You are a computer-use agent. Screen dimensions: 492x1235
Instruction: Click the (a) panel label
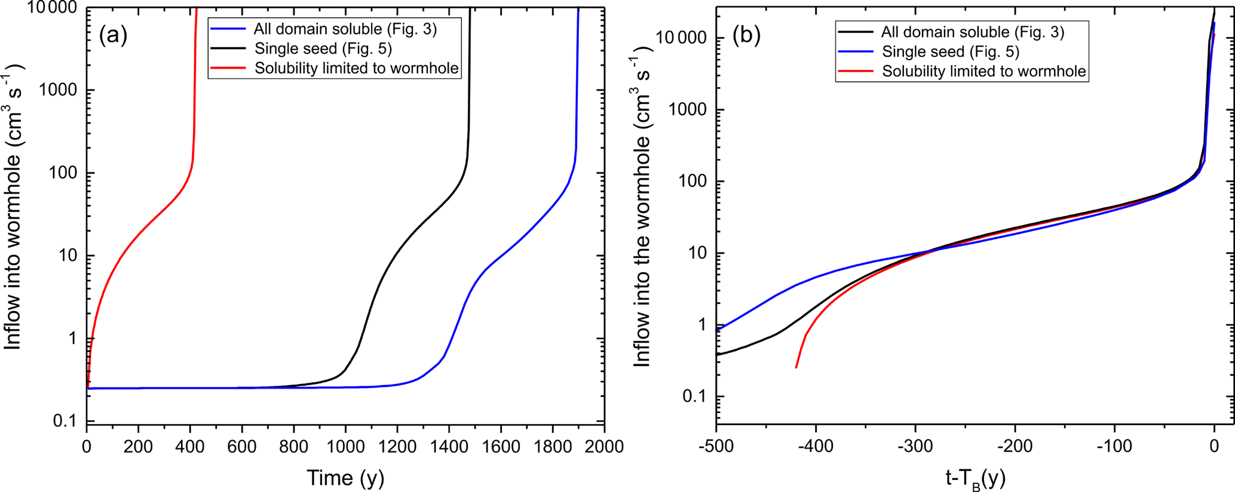coord(113,36)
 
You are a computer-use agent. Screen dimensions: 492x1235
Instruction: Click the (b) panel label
coord(746,36)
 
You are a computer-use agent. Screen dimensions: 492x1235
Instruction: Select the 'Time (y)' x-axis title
coord(345,478)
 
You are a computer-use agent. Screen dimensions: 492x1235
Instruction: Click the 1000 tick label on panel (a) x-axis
coord(345,447)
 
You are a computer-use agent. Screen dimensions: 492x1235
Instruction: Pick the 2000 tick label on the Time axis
coord(603,447)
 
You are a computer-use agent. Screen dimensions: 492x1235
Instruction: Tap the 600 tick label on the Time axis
coord(242,447)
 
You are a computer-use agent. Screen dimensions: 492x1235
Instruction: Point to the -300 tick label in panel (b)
coord(914,447)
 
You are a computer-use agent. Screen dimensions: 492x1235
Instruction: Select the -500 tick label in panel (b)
coord(715,447)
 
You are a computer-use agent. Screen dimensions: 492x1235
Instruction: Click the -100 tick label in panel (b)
coord(1113,447)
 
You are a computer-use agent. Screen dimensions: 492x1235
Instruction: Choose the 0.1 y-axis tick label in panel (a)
coord(65,421)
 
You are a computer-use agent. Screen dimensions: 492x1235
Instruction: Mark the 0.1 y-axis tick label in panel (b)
coord(694,396)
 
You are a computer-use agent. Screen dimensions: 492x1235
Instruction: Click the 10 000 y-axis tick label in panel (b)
coord(681,38)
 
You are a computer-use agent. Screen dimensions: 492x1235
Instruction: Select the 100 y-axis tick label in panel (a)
coord(62,173)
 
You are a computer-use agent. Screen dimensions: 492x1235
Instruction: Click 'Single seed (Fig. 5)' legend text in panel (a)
coord(323,48)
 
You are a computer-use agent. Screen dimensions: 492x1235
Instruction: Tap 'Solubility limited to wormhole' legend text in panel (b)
coord(983,72)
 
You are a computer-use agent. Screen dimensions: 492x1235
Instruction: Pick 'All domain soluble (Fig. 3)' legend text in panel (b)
coord(973,32)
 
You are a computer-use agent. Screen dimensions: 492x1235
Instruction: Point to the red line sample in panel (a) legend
coord(227,68)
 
